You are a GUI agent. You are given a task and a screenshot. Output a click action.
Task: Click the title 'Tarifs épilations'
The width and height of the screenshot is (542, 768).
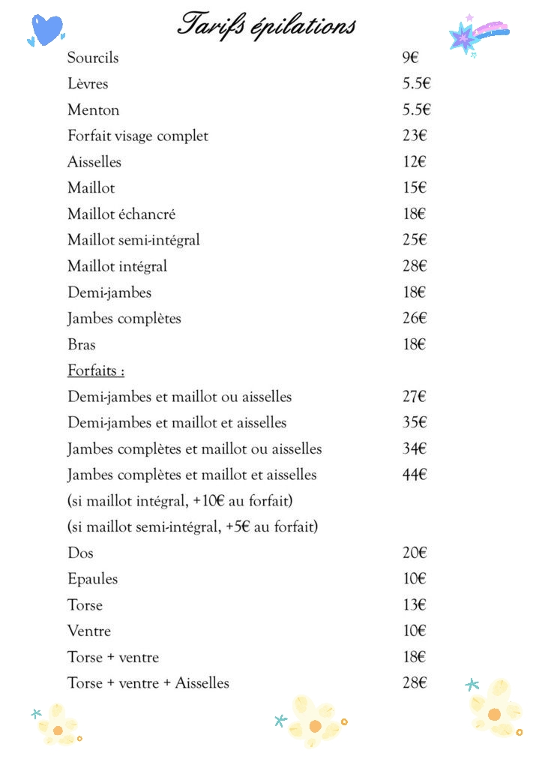click(x=266, y=25)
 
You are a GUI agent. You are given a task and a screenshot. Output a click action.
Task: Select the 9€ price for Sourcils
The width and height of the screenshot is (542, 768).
click(x=410, y=58)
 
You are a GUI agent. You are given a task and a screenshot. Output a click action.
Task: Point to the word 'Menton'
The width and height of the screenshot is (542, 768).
click(x=93, y=110)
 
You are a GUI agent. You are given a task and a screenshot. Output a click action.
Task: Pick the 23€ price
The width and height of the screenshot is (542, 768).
click(x=415, y=136)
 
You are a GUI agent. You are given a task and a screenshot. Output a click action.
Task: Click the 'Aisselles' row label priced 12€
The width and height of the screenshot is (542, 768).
click(x=94, y=162)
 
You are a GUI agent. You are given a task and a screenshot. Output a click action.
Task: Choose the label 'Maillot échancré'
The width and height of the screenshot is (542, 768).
click(x=121, y=214)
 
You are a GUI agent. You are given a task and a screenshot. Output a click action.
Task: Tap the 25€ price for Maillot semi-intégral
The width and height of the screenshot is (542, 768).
click(x=415, y=240)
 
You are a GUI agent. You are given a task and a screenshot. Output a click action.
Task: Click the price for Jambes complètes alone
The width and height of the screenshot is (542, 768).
click(x=415, y=318)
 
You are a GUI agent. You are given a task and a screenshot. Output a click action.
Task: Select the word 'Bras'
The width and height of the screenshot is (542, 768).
click(x=82, y=344)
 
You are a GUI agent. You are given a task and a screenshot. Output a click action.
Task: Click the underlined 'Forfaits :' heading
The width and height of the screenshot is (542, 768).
click(x=96, y=370)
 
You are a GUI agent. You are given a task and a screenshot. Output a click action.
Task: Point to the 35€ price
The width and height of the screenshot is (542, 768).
click(x=415, y=422)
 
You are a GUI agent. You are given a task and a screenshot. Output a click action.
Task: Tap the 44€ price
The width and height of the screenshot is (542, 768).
click(x=415, y=475)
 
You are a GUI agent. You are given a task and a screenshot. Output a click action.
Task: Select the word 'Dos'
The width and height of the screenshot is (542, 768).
click(x=80, y=553)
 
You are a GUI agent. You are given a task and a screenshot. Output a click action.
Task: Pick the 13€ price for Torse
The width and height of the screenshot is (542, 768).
click(x=415, y=605)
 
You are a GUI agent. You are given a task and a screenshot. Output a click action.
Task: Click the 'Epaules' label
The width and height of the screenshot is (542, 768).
click(x=92, y=579)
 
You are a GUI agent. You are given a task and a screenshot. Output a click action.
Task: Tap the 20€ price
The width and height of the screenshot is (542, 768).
click(x=415, y=553)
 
